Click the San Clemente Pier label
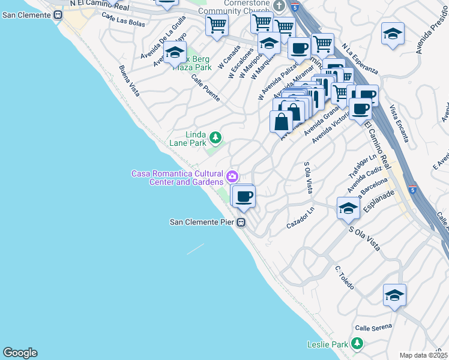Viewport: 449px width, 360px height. click(202, 222)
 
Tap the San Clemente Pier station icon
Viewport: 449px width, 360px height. click(241, 223)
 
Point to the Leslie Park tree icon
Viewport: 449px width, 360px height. click(357, 344)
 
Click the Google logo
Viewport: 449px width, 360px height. click(20, 353)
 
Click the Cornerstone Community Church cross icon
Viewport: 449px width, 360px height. click(279, 5)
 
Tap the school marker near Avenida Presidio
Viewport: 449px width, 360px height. click(393, 34)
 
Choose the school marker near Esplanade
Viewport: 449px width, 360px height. click(348, 208)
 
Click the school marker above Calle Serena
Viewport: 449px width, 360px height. click(394, 295)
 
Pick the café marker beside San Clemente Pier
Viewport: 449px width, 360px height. click(244, 196)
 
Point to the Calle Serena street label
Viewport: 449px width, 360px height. click(373, 328)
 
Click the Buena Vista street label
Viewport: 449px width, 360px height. click(129, 81)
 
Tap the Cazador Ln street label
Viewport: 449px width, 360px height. click(300, 217)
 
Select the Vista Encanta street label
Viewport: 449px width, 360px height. click(399, 124)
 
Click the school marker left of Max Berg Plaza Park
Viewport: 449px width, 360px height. click(175, 53)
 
